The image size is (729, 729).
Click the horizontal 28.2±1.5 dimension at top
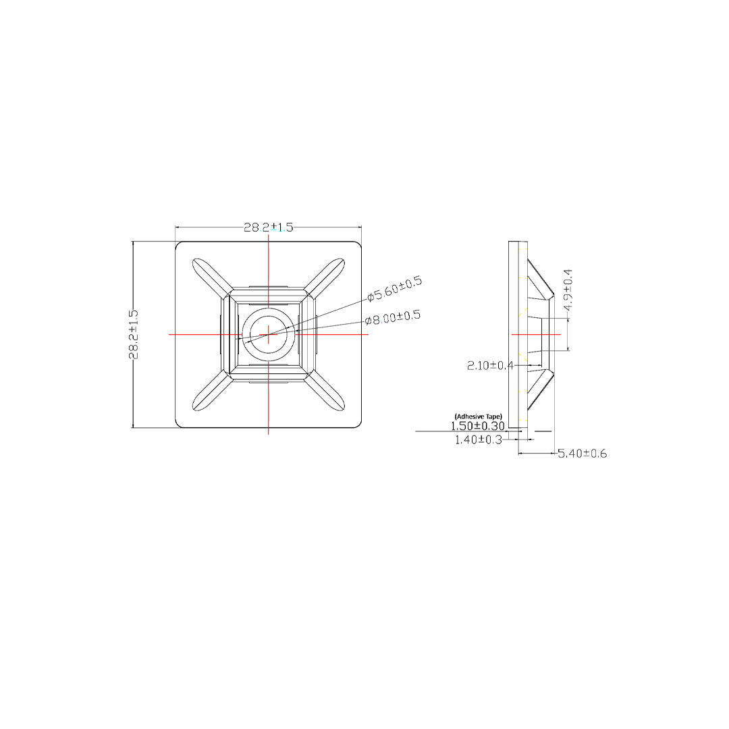(269, 227)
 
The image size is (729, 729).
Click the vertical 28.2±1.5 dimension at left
(134, 334)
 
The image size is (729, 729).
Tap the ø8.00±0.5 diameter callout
(393, 317)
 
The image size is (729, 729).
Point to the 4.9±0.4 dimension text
(568, 290)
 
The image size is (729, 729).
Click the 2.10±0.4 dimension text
(490, 366)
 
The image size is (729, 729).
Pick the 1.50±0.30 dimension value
(478, 426)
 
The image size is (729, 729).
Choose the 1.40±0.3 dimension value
(479, 440)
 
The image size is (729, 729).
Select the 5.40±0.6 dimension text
(583, 454)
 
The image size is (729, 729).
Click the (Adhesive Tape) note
(478, 416)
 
